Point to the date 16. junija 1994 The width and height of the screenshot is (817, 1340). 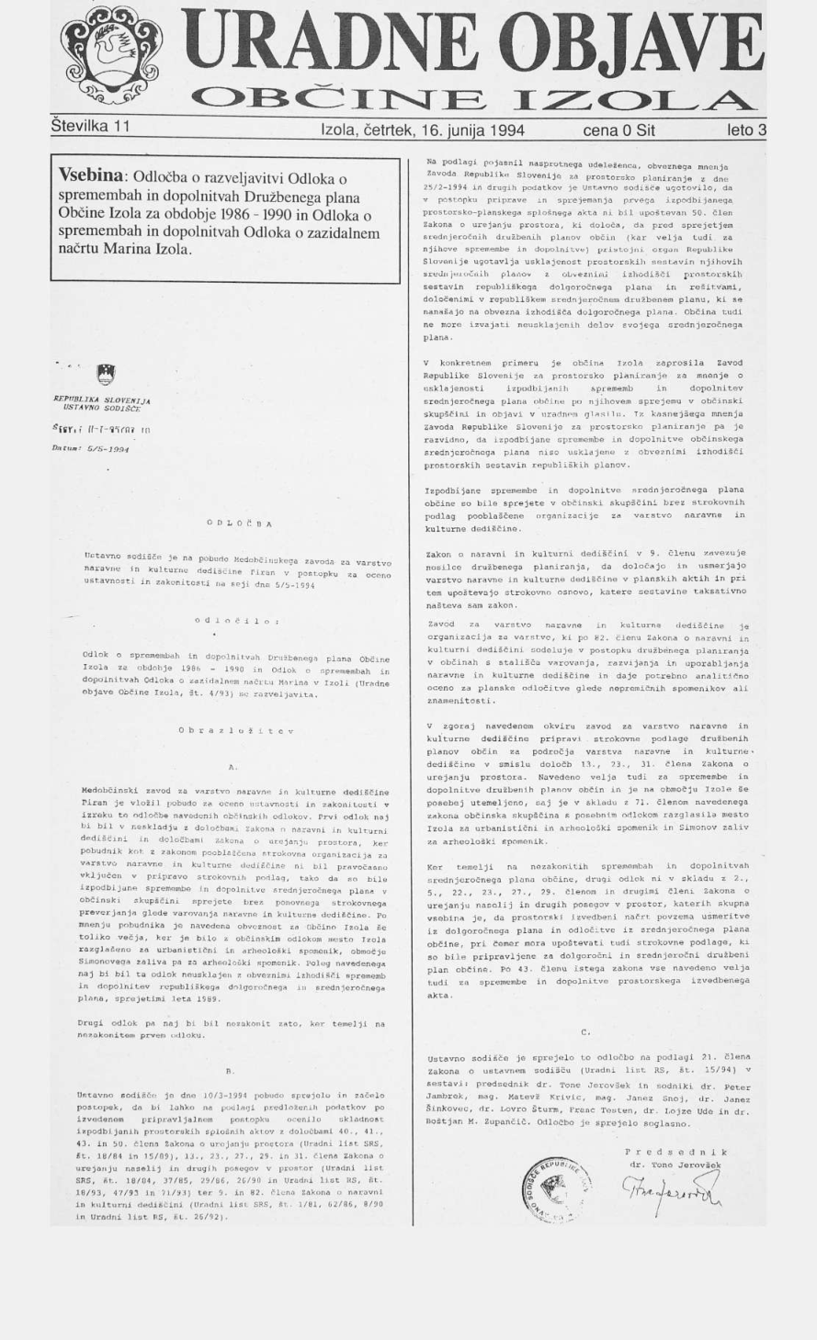[x=472, y=130]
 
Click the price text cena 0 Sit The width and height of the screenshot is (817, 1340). [x=618, y=130]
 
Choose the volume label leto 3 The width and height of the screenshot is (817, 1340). [x=745, y=130]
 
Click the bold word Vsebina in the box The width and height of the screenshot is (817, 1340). [x=93, y=175]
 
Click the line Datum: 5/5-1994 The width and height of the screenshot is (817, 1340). [x=91, y=450]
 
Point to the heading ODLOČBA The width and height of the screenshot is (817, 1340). [x=239, y=524]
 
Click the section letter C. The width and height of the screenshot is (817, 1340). [x=586, y=1032]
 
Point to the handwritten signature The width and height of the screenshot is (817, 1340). [x=670, y=1190]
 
